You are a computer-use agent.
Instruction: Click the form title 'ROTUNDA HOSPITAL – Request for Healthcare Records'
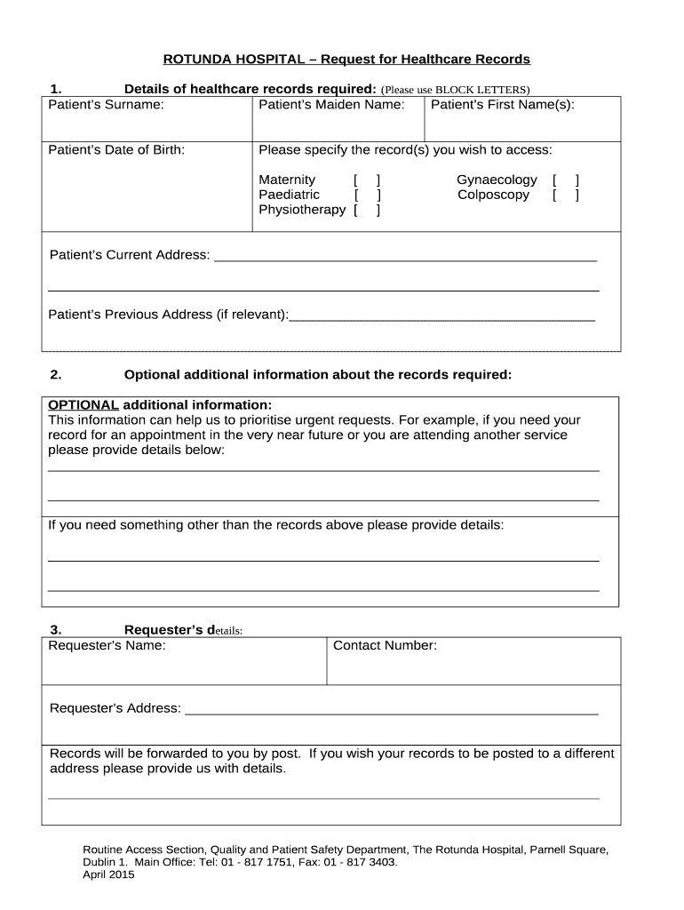[x=346, y=60]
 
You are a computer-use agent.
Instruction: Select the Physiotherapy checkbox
[x=367, y=210]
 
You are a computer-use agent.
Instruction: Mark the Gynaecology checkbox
[x=565, y=180]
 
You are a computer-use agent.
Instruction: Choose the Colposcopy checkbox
[x=565, y=195]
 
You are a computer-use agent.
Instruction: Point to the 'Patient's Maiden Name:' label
[x=331, y=105]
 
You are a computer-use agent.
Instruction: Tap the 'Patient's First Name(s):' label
[x=502, y=105]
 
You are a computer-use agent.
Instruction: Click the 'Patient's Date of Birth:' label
[x=116, y=149]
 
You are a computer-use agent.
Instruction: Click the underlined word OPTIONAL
[x=83, y=404]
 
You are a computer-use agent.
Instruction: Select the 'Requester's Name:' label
[x=107, y=645]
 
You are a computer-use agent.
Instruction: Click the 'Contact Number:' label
[x=385, y=645]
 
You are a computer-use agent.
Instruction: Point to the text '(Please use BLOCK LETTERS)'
[x=455, y=90]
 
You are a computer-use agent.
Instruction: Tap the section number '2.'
[x=55, y=374]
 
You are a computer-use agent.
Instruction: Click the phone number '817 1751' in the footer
[x=268, y=861]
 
